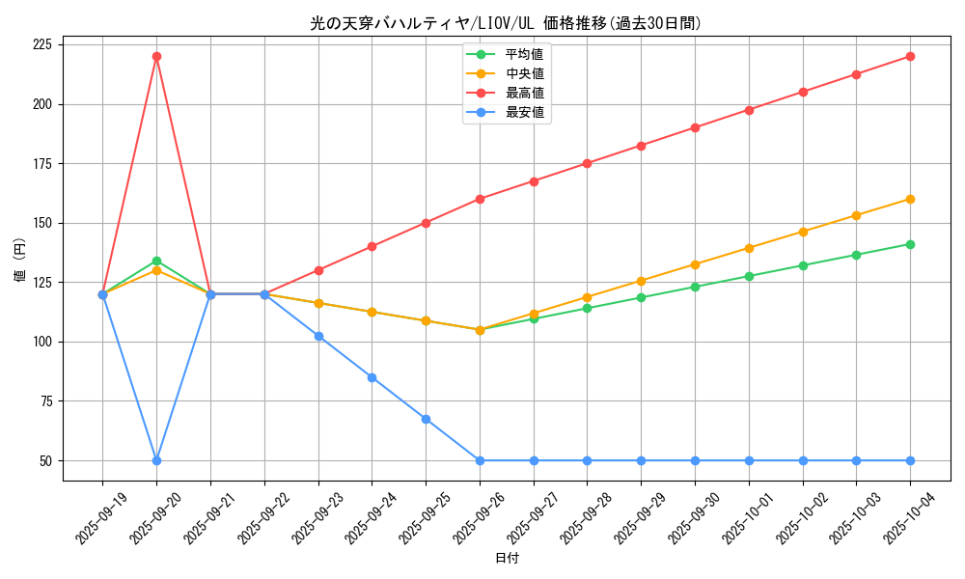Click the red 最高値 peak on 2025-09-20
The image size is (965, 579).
click(156, 56)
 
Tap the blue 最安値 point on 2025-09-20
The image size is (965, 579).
click(156, 460)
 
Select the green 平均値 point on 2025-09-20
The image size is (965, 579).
click(156, 261)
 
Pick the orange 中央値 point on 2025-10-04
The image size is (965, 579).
click(910, 199)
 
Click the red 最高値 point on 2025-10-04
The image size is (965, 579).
click(910, 56)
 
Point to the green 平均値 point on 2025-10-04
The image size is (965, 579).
click(910, 244)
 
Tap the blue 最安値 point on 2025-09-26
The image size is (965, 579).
click(480, 460)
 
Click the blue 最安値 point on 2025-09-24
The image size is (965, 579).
click(372, 377)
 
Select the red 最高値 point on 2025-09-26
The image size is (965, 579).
click(480, 199)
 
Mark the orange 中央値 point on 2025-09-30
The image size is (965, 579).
click(695, 264)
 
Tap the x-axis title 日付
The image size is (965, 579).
click(507, 559)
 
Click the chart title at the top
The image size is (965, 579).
click(506, 23)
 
